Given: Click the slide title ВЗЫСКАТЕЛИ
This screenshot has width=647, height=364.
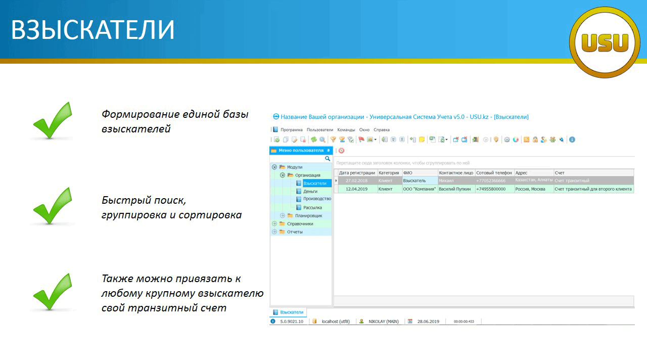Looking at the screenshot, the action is pyautogui.click(x=93, y=29).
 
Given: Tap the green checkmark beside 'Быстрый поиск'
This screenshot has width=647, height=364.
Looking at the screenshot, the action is pyautogui.click(x=53, y=206).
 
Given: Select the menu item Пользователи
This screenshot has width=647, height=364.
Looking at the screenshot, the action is pyautogui.click(x=320, y=130).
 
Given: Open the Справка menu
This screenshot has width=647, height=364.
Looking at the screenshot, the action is pyautogui.click(x=382, y=130).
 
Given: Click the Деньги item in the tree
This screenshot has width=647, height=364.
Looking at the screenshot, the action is pyautogui.click(x=310, y=191).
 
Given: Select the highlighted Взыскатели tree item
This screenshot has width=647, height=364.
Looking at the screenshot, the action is pyautogui.click(x=315, y=183).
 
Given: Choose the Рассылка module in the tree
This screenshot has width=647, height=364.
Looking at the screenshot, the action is pyautogui.click(x=312, y=207).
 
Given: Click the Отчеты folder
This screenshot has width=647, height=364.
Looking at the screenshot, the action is pyautogui.click(x=295, y=232).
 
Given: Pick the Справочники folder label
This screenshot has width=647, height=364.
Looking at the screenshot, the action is pyautogui.click(x=300, y=223).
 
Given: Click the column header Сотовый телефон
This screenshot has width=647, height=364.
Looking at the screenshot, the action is pyautogui.click(x=494, y=173).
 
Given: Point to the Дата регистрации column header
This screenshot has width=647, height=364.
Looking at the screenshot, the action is pyautogui.click(x=357, y=173).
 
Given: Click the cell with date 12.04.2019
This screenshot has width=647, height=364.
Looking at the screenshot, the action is pyautogui.click(x=356, y=189).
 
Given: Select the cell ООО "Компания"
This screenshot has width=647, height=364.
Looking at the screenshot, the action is pyautogui.click(x=420, y=189).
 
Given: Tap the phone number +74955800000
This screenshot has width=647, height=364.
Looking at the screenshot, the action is pyautogui.click(x=491, y=189).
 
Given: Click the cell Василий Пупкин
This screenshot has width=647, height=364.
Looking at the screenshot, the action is pyautogui.click(x=454, y=189).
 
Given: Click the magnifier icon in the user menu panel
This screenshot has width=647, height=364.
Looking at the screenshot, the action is pyautogui.click(x=327, y=159).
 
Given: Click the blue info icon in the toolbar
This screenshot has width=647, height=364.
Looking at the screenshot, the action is pyautogui.click(x=572, y=140).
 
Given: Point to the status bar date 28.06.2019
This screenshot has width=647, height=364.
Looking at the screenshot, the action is pyautogui.click(x=428, y=321).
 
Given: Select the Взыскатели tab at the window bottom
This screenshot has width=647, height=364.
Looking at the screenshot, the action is pyautogui.click(x=288, y=312).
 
